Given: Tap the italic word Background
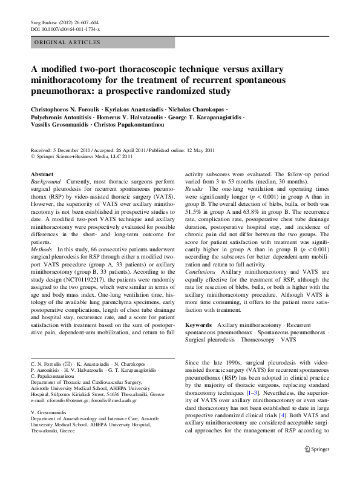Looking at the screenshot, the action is [45, 181].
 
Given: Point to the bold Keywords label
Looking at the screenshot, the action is [198, 325].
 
